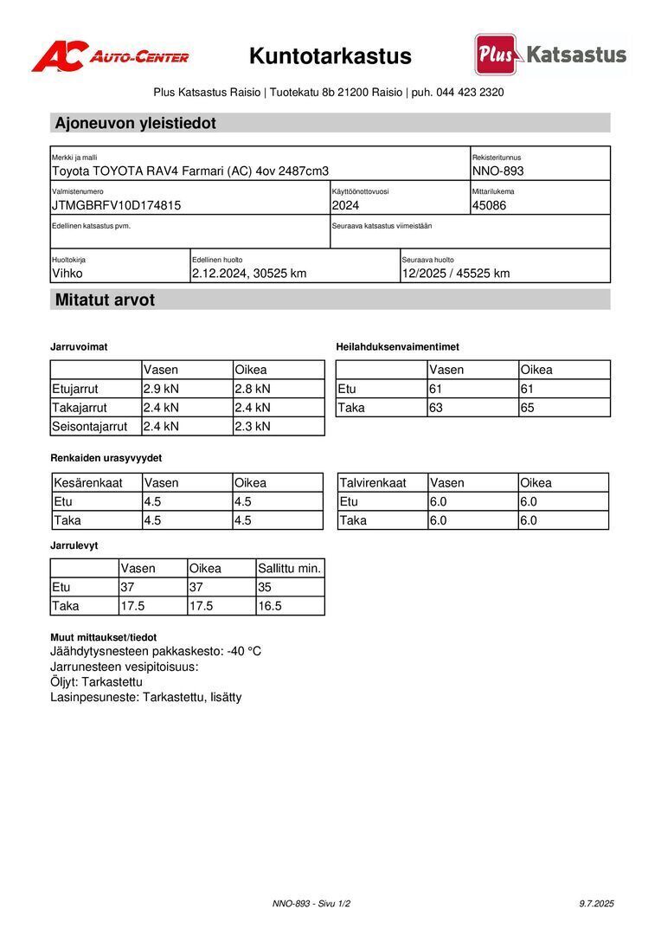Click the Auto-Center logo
pos(110,56)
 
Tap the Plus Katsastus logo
pos(550,55)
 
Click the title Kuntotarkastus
pos(330,56)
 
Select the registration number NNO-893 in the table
pos(497,171)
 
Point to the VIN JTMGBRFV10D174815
pos(117,205)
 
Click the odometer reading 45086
pos(489,205)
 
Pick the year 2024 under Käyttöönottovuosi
pos(345,205)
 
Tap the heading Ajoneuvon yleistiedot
pos(135,123)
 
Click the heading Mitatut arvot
pos(105,300)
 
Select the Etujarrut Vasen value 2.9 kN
pos(161,389)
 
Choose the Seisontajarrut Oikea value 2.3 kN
pos(253,426)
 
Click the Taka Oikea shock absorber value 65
pos(529,407)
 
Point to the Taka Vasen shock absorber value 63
pos(436,407)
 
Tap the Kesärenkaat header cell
pos(88,482)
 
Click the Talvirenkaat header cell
pos(373,482)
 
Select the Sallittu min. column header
pos(290,568)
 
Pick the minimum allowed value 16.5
pos(270,606)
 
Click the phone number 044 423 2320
pos(470,92)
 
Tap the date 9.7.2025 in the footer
pos(596,903)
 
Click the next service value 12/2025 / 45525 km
pos(455,274)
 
